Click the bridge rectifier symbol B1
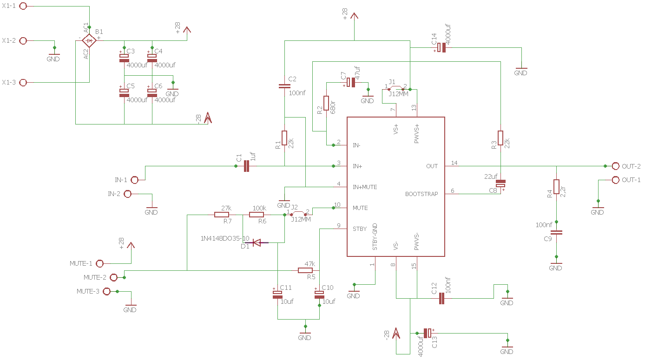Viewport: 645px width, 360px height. pyautogui.click(x=89, y=40)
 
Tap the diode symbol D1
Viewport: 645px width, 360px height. pyautogui.click(x=257, y=242)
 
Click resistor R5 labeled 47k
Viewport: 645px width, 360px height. pyautogui.click(x=305, y=270)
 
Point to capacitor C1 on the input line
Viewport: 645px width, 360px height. pyautogui.click(x=246, y=166)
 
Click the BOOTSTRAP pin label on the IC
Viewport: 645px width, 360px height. pyautogui.click(x=421, y=194)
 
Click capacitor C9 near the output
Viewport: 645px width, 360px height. pyautogui.click(x=556, y=232)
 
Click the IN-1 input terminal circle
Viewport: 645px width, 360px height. pyautogui.click(x=135, y=180)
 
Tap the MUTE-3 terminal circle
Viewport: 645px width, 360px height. pyautogui.click(x=106, y=291)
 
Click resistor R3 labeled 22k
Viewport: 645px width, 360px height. pyautogui.click(x=500, y=138)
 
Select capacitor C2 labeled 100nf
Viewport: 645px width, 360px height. pyautogui.click(x=284, y=86)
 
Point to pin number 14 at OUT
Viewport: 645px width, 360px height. pyautogui.click(x=454, y=163)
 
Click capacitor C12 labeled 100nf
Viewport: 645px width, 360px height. pyautogui.click(x=441, y=298)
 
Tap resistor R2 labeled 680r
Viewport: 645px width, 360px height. pyautogui.click(x=326, y=103)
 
